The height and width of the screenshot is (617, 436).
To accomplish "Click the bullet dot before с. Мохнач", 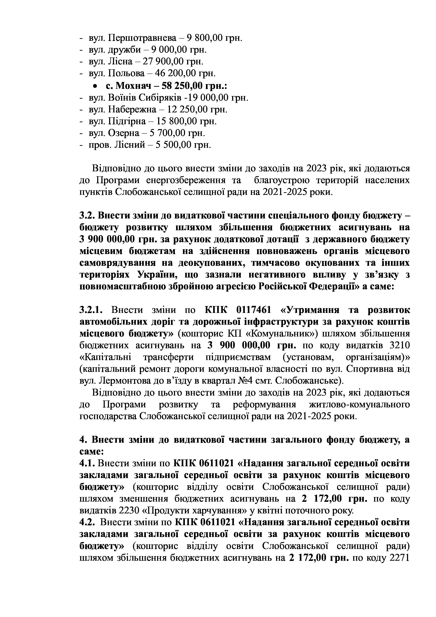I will [x=95, y=86].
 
